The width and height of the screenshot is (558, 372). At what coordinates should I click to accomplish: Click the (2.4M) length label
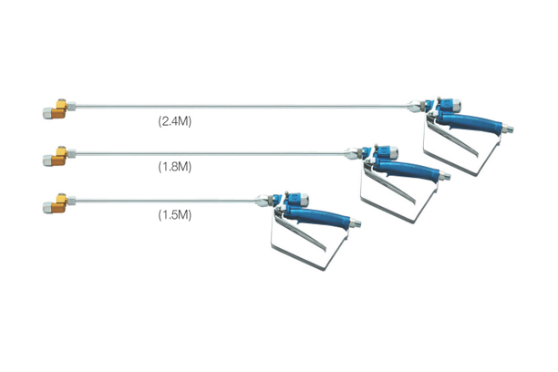point(175,121)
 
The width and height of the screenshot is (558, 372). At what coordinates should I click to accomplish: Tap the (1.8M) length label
point(175,167)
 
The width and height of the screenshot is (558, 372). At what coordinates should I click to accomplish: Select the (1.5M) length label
point(175,215)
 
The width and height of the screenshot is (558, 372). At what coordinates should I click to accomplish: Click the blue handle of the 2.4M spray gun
point(469,122)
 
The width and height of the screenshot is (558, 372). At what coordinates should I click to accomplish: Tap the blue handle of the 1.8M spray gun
point(407,170)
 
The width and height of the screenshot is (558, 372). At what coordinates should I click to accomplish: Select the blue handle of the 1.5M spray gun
point(317,217)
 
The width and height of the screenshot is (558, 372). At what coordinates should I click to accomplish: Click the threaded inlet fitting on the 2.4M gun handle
point(508,129)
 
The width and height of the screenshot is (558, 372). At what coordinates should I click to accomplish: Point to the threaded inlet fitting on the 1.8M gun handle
point(445,176)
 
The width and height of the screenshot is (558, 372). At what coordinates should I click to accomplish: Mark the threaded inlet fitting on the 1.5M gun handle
point(356,222)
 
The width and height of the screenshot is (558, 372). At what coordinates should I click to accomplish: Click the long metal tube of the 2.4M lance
point(242,106)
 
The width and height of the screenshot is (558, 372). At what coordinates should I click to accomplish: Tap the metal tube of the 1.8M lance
point(211,153)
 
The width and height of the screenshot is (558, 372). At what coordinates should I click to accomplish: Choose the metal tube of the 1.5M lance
point(166,201)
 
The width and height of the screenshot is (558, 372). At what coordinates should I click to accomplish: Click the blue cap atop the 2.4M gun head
point(451,105)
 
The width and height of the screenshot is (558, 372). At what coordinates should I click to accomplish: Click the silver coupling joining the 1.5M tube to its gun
point(265,201)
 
